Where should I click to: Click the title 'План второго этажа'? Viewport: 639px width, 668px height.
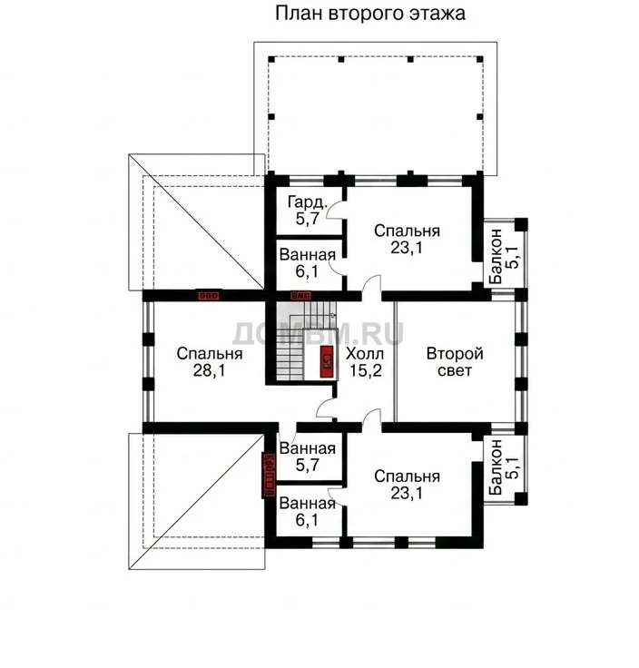click(x=369, y=14)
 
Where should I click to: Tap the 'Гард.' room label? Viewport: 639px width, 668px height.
click(x=308, y=201)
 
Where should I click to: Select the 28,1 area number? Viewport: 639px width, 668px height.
click(x=209, y=370)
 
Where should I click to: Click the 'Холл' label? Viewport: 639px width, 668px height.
click(x=365, y=354)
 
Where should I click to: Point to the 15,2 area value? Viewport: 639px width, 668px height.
click(x=366, y=370)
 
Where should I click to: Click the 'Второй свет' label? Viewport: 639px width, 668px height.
click(x=455, y=362)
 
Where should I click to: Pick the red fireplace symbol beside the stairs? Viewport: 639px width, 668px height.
click(x=327, y=362)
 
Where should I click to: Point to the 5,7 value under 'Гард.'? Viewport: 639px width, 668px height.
click(x=308, y=219)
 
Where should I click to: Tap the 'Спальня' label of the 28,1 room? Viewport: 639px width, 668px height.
click(x=210, y=354)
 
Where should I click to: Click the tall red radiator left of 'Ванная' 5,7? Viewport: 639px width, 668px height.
click(x=270, y=475)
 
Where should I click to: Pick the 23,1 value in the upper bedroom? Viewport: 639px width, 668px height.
click(x=407, y=248)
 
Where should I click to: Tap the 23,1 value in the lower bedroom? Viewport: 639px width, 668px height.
click(x=407, y=494)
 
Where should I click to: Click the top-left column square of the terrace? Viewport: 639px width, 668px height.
click(x=271, y=59)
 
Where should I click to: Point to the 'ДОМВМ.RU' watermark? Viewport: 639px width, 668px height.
click(x=318, y=334)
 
